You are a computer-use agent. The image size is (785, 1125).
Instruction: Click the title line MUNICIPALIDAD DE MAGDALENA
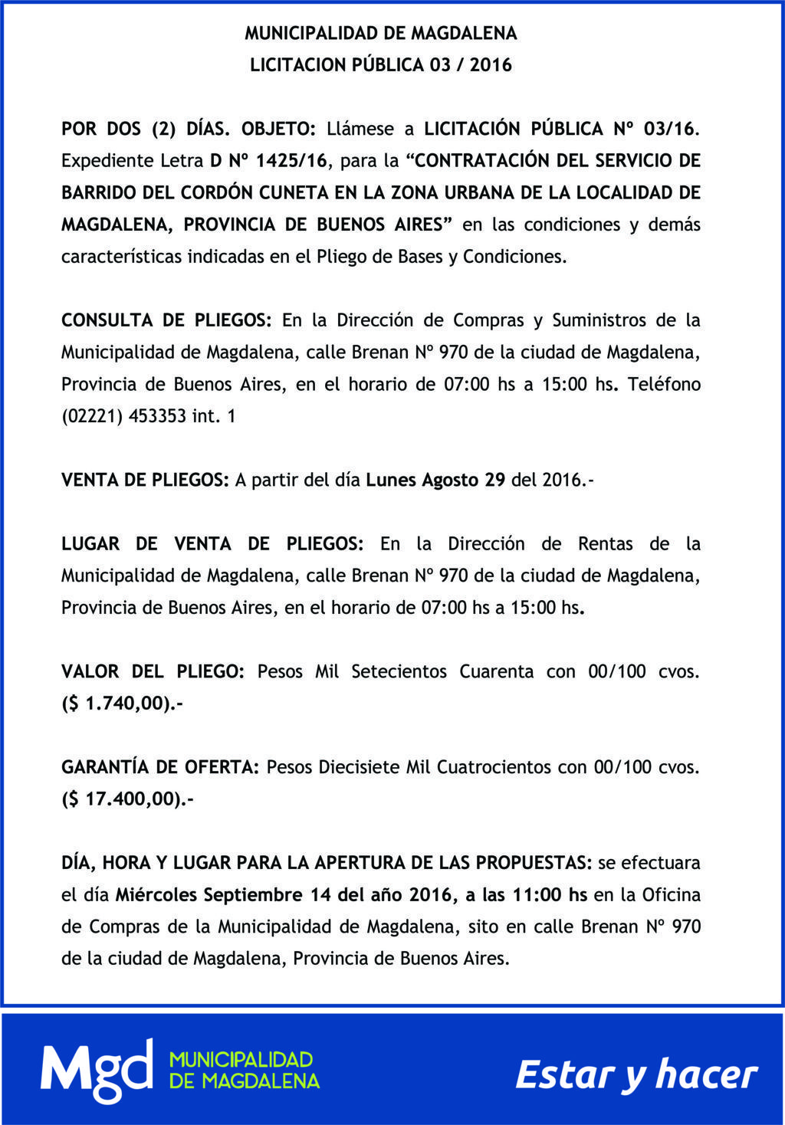pyautogui.click(x=381, y=34)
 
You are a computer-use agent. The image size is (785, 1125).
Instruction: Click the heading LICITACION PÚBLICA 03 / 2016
pyautogui.click(x=381, y=65)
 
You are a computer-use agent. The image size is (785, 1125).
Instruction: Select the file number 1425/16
pyautogui.click(x=291, y=161)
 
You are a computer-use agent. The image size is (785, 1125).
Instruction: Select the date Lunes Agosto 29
pyautogui.click(x=435, y=481)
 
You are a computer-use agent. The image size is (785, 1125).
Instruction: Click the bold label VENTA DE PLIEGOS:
pyautogui.click(x=145, y=481)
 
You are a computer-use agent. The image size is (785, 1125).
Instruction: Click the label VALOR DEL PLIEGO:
pyautogui.click(x=153, y=672)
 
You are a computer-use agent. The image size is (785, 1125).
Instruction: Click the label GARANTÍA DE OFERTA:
pyautogui.click(x=161, y=767)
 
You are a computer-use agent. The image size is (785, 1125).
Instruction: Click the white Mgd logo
pyautogui.click(x=97, y=1071)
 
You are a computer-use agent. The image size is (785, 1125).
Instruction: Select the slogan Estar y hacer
pyautogui.click(x=636, y=1074)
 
